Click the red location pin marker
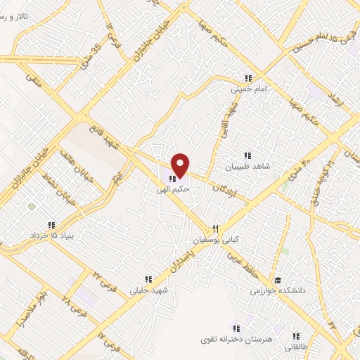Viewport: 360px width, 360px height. pyautogui.click(x=181, y=165)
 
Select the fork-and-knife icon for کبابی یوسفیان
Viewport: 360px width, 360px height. pyautogui.click(x=217, y=229)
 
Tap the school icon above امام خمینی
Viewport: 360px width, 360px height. pyautogui.click(x=247, y=78)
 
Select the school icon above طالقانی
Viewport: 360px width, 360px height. pyautogui.click(x=296, y=336)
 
